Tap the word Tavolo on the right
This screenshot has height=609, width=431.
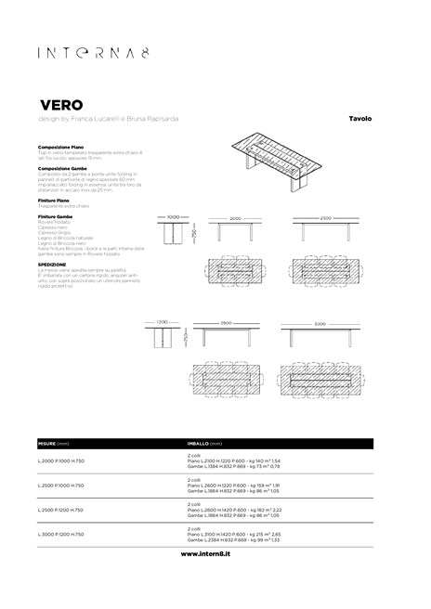click(x=360, y=119)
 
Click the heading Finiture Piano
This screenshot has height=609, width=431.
click(x=57, y=199)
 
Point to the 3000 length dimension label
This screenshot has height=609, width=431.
click(x=319, y=323)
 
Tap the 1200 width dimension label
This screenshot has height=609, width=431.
click(x=163, y=321)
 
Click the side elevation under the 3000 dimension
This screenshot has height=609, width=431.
click(x=319, y=335)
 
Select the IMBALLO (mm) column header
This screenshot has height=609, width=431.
click(x=206, y=444)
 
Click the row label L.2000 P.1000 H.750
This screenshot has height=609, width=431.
click(x=61, y=461)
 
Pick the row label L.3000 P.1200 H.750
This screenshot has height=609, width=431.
click(x=61, y=535)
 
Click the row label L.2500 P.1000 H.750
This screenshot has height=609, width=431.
click(x=61, y=486)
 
